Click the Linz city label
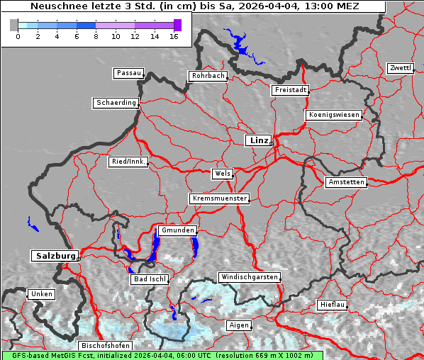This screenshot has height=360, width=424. [258, 140]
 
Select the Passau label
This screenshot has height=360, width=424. [128, 73]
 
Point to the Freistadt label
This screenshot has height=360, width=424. [290, 90]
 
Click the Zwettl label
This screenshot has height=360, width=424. [400, 68]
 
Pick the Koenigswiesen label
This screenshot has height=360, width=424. [334, 115]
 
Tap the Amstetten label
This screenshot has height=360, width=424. [346, 182]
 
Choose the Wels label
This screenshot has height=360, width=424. [222, 174]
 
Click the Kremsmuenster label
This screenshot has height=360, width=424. [220, 198]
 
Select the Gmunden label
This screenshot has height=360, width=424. [177, 231]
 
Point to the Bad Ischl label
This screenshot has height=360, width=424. [150, 279]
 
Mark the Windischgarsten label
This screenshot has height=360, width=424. [249, 277]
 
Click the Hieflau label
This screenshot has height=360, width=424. [333, 304]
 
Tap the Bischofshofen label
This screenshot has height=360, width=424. [105, 345]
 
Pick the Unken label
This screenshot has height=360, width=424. [40, 293]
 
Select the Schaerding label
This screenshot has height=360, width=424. [116, 103]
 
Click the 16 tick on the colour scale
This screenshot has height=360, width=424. [174, 35]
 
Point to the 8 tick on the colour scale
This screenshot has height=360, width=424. [96, 35]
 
